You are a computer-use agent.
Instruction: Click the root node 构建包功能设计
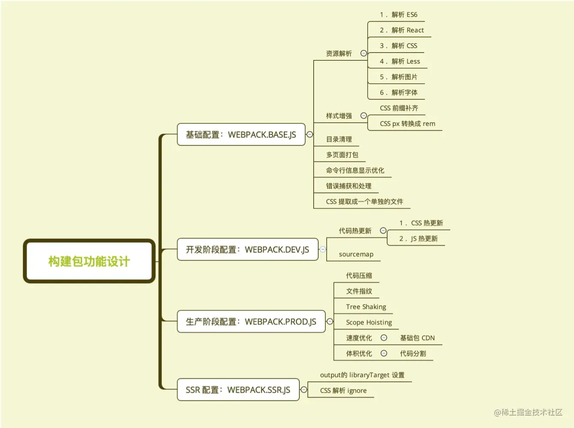(x=89, y=261)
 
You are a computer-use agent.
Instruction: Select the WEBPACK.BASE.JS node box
(x=241, y=135)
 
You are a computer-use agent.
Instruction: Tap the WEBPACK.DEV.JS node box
(x=247, y=250)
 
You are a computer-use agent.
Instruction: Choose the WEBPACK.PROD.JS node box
(x=251, y=321)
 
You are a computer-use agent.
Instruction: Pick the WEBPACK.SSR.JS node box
(x=238, y=390)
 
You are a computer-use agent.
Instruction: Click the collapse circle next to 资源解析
(x=364, y=53)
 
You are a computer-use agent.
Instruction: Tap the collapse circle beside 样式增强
(x=364, y=116)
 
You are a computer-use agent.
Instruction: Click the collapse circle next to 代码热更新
(x=383, y=231)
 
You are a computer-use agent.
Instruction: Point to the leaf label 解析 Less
(x=405, y=62)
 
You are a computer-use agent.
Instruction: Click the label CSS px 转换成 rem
(x=407, y=124)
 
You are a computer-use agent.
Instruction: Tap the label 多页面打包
(x=342, y=155)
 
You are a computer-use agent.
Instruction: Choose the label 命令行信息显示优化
(x=355, y=170)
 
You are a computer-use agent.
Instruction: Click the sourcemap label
(x=356, y=254)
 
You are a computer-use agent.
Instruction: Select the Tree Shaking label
(x=366, y=307)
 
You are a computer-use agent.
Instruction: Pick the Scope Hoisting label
(x=369, y=322)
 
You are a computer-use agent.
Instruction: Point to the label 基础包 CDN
(x=417, y=338)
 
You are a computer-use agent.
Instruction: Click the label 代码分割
(x=413, y=354)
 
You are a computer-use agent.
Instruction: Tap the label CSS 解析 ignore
(x=343, y=390)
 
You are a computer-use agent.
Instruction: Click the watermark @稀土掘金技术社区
(x=528, y=412)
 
